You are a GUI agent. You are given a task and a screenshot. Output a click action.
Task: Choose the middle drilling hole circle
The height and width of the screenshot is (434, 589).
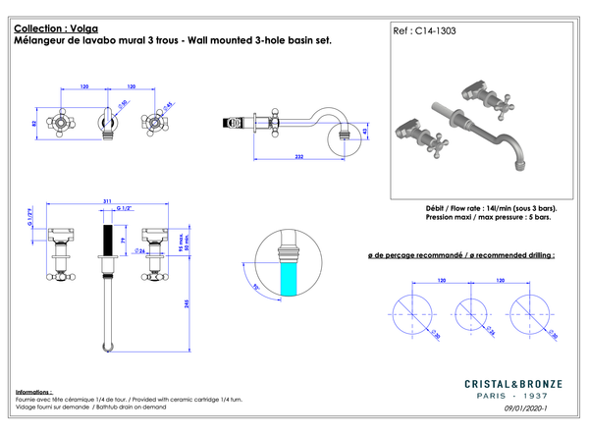[x=473, y=313]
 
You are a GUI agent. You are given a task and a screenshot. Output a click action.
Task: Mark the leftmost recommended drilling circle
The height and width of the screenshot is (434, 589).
[x=413, y=313]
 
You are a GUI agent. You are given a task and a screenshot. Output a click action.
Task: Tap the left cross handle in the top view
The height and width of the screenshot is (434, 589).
[x=64, y=123]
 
